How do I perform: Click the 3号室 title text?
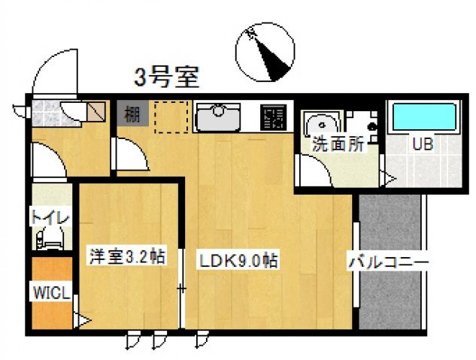[x=166, y=77]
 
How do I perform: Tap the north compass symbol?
[x=265, y=52]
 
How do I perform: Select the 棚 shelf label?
[x=132, y=115]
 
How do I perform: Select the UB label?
[x=422, y=145]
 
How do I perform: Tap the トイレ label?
[x=50, y=217]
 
